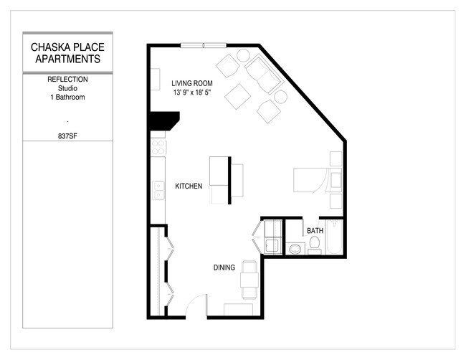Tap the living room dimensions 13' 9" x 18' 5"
pyautogui.click(x=191, y=93)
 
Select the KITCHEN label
pyautogui.click(x=189, y=186)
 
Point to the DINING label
pyautogui.click(x=224, y=267)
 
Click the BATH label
pyautogui.click(x=315, y=231)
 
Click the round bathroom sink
pyautogui.click(x=294, y=249)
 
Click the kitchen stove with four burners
pyautogui.click(x=158, y=147)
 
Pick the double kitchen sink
pyautogui.click(x=158, y=190)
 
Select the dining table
pyautogui.click(x=249, y=280)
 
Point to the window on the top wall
pyautogui.click(x=203, y=45)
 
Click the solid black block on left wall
pyautogui.click(x=162, y=120)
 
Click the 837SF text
pyautogui.click(x=67, y=134)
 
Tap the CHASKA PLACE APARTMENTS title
pyautogui.click(x=67, y=53)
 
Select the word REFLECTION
pyautogui.click(x=67, y=79)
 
